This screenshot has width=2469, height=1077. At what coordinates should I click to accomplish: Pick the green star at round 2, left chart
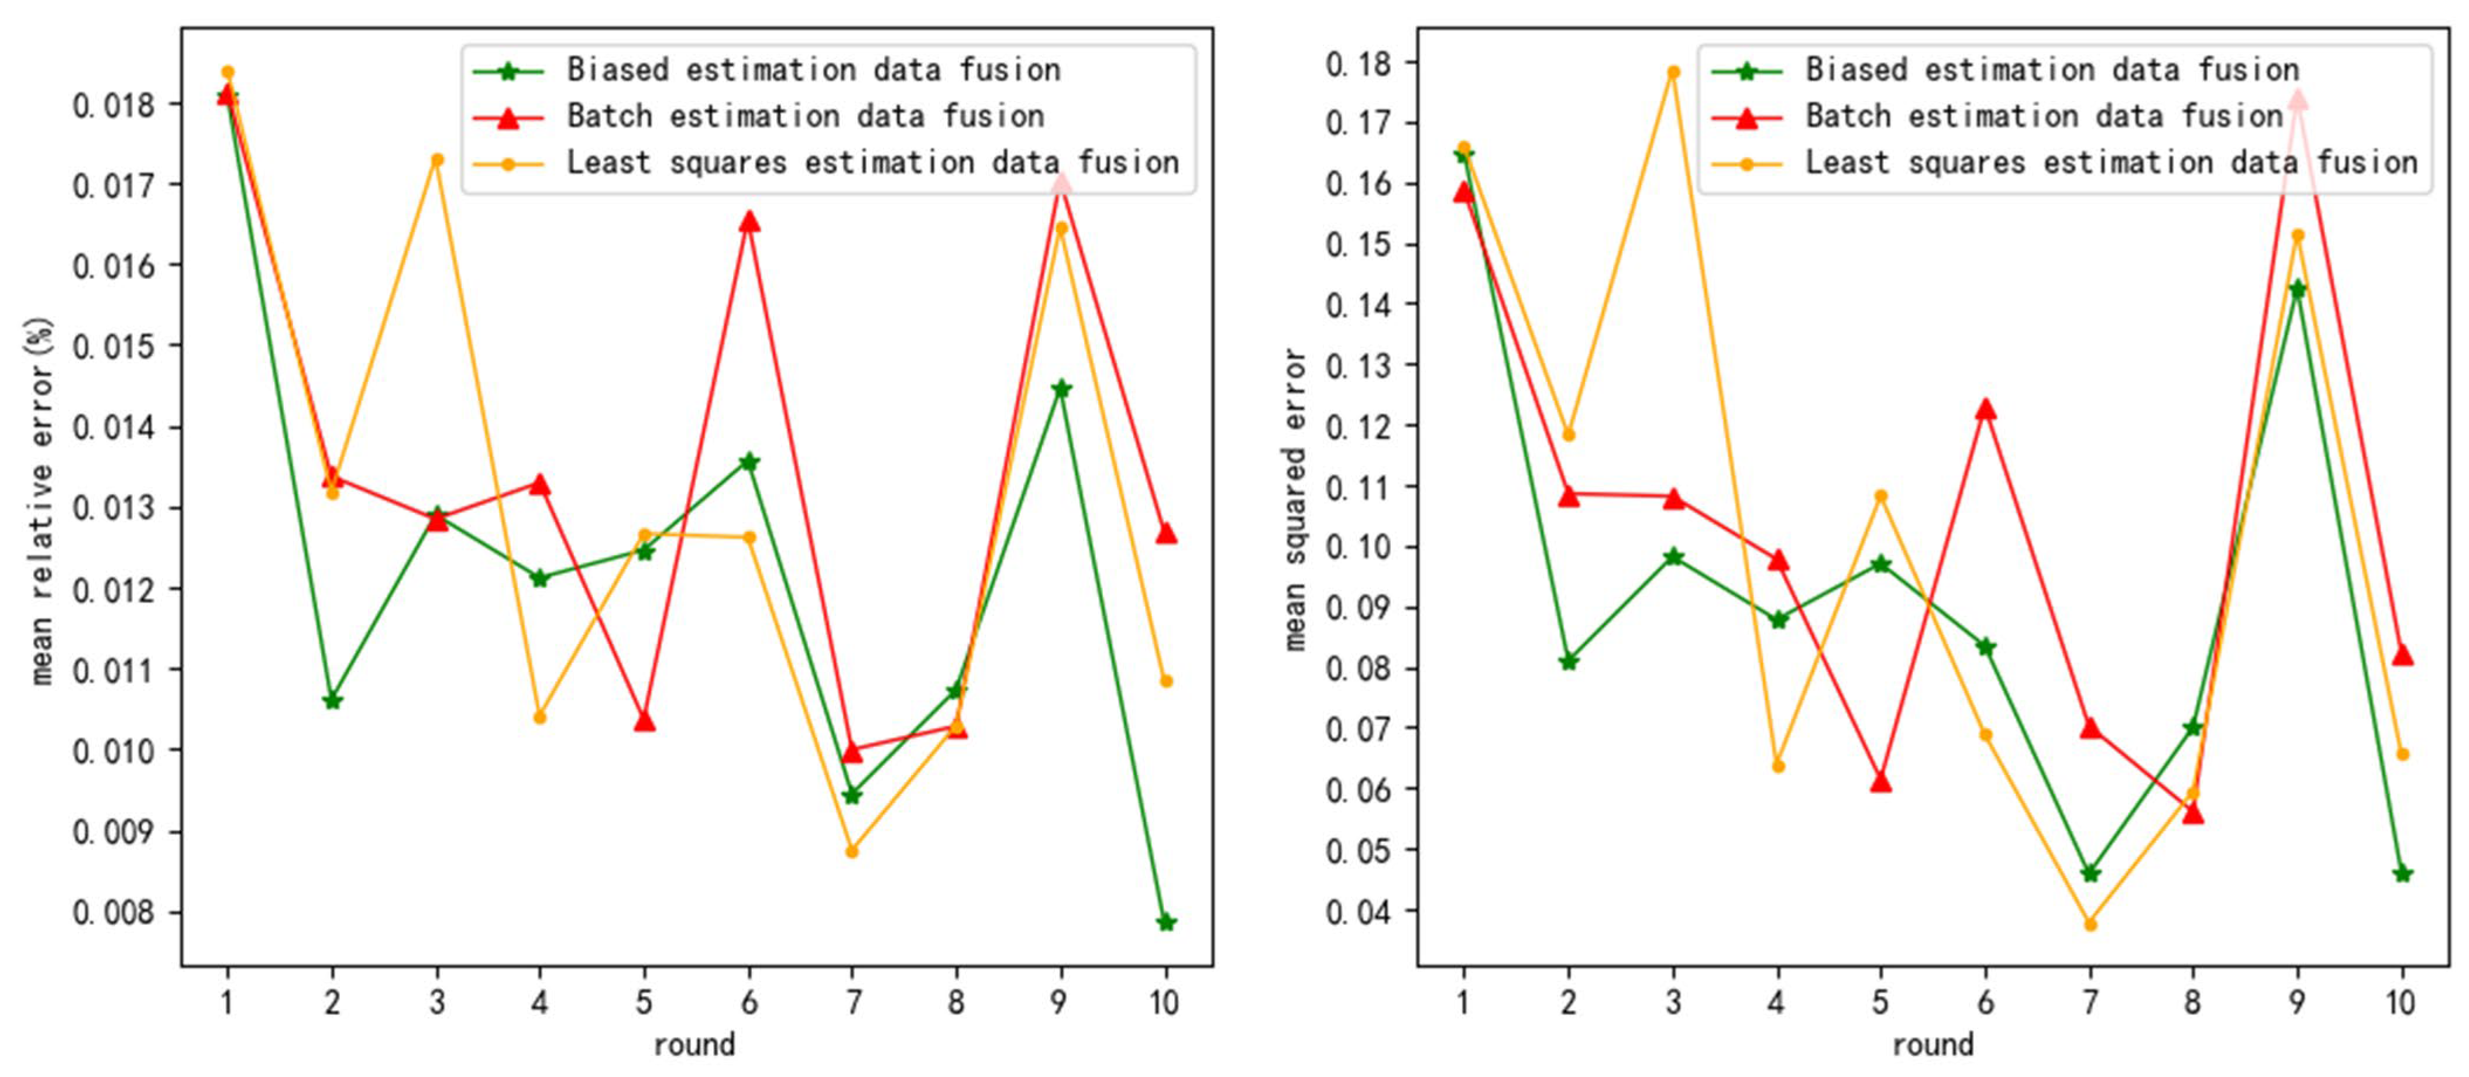point(332,700)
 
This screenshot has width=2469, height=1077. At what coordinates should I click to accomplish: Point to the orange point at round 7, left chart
point(852,851)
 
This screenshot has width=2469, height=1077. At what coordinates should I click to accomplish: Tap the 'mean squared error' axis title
point(1294,500)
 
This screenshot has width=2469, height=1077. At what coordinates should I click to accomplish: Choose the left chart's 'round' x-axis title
point(694,1044)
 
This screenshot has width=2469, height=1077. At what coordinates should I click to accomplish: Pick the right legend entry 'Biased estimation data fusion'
point(2051,70)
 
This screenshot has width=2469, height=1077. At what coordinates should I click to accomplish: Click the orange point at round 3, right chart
point(1673,72)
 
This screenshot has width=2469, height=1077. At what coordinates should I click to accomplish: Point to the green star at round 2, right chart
point(1568,661)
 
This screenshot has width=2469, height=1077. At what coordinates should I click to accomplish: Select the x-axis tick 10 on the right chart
point(2400,1002)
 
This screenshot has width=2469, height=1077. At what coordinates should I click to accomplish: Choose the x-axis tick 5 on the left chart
point(644,1002)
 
